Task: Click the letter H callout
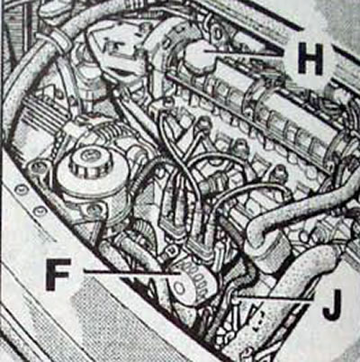310,58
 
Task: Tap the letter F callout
58,275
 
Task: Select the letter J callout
331,304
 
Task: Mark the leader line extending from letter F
132,273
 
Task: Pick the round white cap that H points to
199,57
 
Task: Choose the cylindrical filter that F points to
191,282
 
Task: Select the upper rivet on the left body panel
22,189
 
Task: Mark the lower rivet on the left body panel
39,211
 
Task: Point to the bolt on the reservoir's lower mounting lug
94,209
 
